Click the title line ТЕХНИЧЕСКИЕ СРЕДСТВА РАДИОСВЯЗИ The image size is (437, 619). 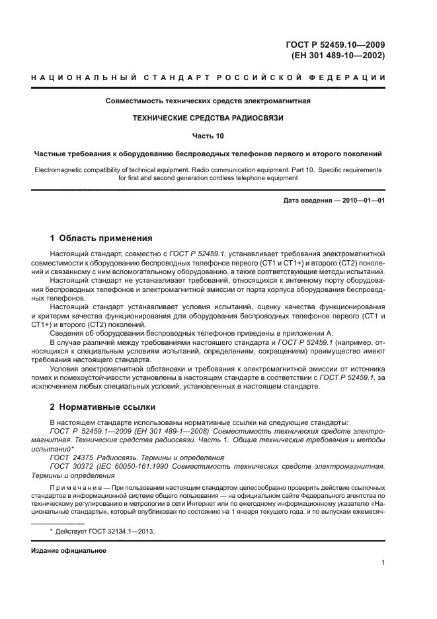pos(208,119)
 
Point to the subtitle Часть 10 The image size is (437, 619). pos(208,136)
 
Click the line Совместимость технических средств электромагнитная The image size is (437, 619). pos(208,101)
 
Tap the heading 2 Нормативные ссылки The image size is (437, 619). pos(103,406)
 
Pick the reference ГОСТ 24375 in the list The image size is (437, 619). pos(72,457)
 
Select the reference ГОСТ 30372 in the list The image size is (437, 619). pos(72,466)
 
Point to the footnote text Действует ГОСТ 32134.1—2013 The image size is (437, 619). pos(108,532)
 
